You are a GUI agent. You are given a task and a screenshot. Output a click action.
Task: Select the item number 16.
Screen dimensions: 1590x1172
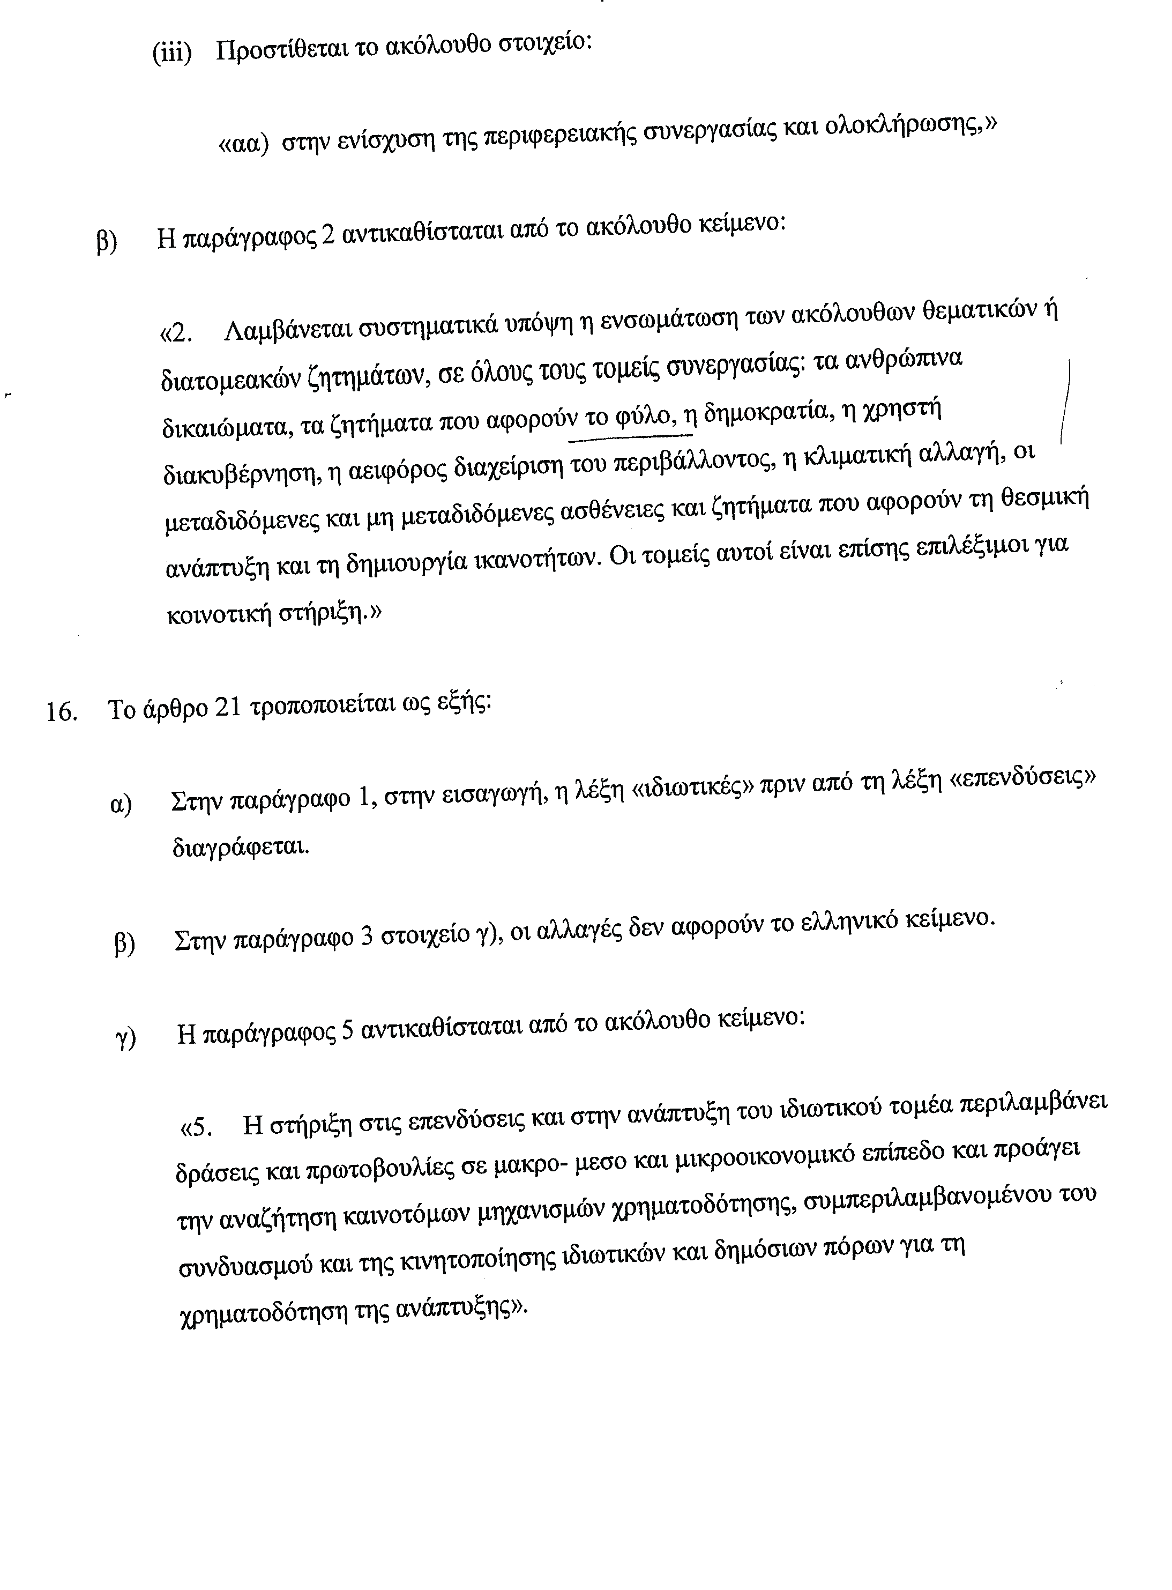tap(62, 711)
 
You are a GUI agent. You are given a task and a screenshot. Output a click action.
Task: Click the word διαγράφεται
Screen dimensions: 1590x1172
tap(241, 846)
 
